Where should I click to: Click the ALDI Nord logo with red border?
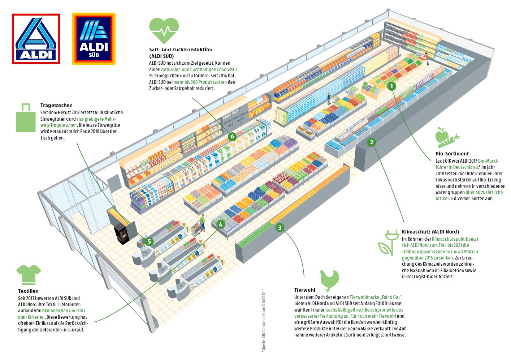(36, 39)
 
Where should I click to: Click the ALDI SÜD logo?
(94, 39)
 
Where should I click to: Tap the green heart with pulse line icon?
(164, 31)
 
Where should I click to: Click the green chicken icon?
(329, 280)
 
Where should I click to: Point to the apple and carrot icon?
(447, 137)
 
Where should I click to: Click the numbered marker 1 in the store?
(391, 86)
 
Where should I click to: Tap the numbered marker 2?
(372, 142)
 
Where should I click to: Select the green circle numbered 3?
(280, 228)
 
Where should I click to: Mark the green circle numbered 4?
(221, 224)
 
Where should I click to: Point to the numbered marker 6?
(232, 136)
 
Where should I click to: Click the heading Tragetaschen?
(56, 105)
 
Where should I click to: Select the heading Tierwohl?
(304, 290)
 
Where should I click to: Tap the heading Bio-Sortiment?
(452, 154)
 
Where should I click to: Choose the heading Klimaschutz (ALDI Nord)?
(430, 232)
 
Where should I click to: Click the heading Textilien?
(28, 291)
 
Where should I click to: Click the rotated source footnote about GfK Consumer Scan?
(264, 322)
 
